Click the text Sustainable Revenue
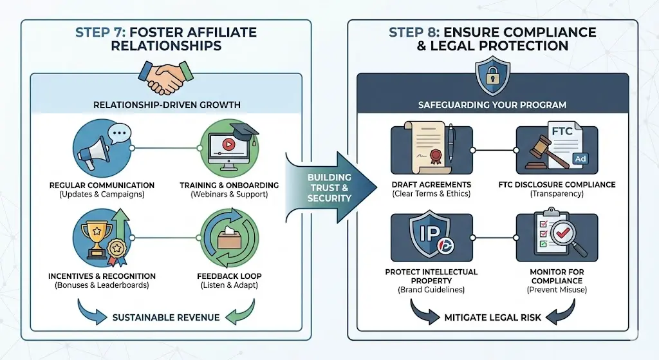[x=166, y=317]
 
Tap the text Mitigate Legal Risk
[x=492, y=317]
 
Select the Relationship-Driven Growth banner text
[x=167, y=105]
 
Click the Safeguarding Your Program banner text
[x=492, y=105]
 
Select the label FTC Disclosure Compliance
[x=557, y=185]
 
